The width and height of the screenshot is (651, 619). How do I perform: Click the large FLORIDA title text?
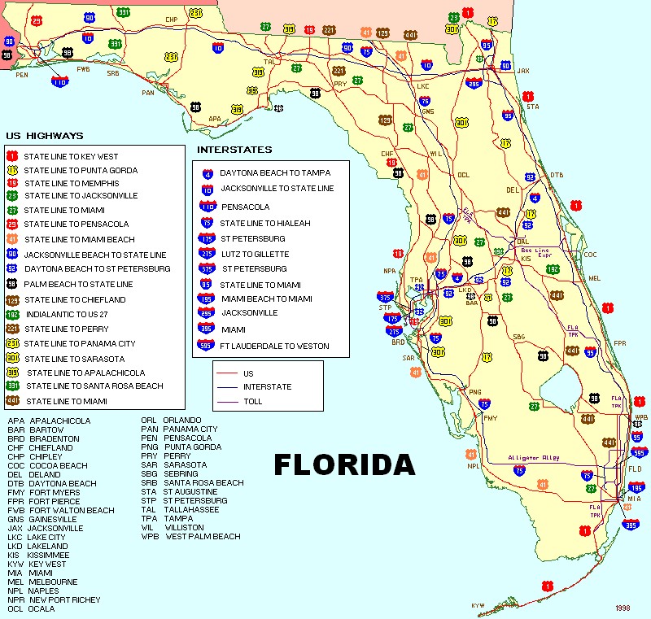pos(344,464)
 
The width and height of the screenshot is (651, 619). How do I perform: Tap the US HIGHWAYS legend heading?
pos(44,136)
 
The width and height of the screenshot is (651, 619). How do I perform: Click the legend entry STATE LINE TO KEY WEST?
pos(71,156)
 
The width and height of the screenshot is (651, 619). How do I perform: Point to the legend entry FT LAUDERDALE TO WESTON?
pos(275,347)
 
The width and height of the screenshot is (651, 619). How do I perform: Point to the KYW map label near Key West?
pos(478,605)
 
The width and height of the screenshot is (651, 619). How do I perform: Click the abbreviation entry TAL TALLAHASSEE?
pos(180,510)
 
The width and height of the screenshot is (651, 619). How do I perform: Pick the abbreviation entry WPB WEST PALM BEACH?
pos(190,537)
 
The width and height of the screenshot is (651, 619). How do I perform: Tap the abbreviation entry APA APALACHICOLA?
pos(49,421)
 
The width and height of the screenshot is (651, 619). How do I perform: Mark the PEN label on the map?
pos(21,75)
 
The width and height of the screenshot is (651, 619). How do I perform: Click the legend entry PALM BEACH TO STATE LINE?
pos(78,284)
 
